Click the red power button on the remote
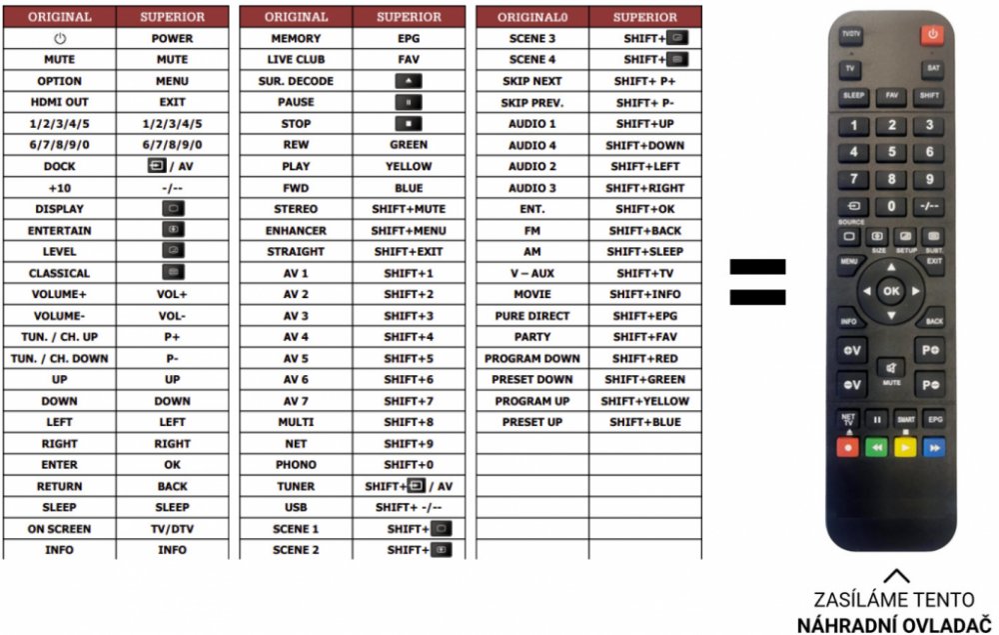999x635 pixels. pyautogui.click(x=931, y=35)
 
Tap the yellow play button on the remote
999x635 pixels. pyautogui.click(x=905, y=447)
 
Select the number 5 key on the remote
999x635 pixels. pyautogui.click(x=891, y=152)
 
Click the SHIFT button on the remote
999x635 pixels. pyautogui.click(x=930, y=97)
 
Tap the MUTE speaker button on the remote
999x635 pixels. pyautogui.click(x=892, y=368)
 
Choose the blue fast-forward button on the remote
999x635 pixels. pyautogui.click(x=934, y=447)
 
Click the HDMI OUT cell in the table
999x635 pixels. pyautogui.click(x=59, y=102)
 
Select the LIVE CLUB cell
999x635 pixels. pyautogui.click(x=296, y=60)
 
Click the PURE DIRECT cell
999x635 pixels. pyautogui.click(x=532, y=316)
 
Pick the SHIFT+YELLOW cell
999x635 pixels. pyautogui.click(x=644, y=401)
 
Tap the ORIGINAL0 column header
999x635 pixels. pyautogui.click(x=532, y=17)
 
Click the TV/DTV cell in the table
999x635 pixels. pyautogui.click(x=172, y=529)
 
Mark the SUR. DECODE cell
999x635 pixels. pyautogui.click(x=296, y=81)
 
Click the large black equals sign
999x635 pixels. pyautogui.click(x=756, y=281)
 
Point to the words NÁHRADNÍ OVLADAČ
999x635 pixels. pyautogui.click(x=896, y=624)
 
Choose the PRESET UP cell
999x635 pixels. pyautogui.click(x=532, y=422)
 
